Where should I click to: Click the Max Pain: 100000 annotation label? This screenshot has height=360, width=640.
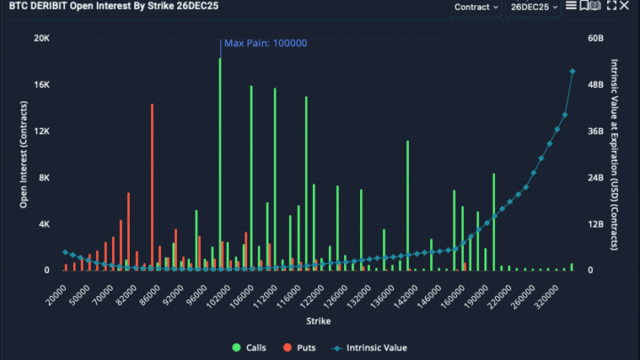click(266, 43)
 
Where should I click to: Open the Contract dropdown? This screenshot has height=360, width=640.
click(476, 7)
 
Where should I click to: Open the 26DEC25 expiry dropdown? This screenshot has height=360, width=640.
click(533, 7)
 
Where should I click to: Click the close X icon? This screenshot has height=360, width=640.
click(626, 6)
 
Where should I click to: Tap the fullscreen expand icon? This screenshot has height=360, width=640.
click(611, 6)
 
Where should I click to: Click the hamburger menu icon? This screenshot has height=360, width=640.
click(571, 6)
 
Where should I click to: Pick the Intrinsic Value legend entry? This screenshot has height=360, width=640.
click(369, 348)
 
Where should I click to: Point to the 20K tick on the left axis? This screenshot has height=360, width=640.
click(42, 39)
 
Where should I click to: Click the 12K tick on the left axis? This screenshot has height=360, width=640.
click(42, 132)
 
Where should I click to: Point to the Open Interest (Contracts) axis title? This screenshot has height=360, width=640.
click(24, 155)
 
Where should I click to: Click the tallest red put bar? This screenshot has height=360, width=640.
click(152, 187)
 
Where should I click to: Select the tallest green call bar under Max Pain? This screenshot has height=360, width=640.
click(220, 164)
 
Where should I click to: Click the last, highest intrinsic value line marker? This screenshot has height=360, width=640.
click(572, 71)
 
